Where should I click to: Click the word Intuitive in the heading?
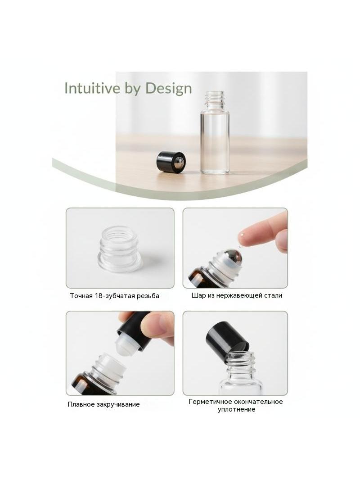[92, 88]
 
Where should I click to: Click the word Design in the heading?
[169, 89]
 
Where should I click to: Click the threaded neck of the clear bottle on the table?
[214, 100]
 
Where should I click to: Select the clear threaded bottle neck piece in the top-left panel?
[120, 248]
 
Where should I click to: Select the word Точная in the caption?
[81, 296]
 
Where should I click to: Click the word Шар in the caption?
[198, 295]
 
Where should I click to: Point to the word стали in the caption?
[273, 295]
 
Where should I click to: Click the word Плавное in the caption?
[81, 404]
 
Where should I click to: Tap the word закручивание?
[118, 405]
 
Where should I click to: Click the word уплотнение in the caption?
[236, 410]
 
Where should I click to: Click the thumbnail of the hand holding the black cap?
[120, 353]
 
